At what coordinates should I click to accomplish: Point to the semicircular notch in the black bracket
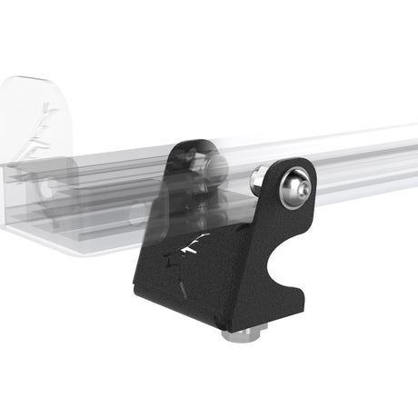pos(284,259)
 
